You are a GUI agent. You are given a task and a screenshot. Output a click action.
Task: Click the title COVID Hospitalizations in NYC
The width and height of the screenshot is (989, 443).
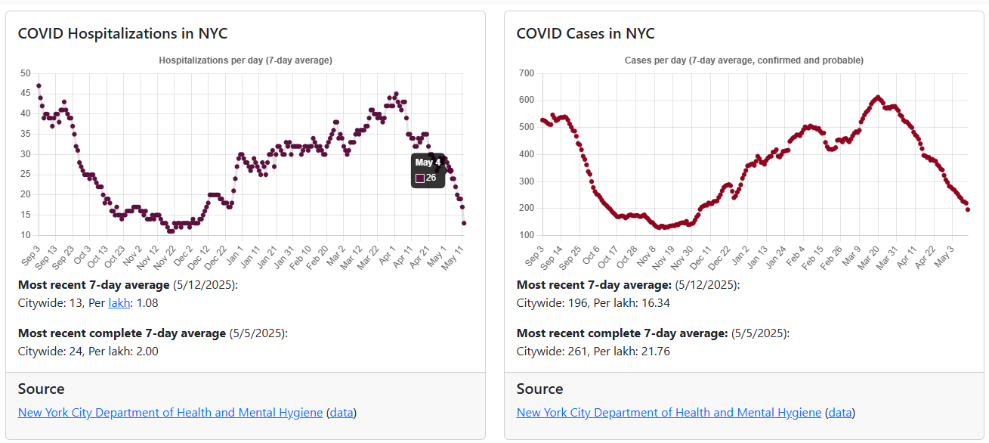click(122, 34)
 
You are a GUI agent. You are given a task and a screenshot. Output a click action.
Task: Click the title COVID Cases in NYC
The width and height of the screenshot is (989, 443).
click(586, 34)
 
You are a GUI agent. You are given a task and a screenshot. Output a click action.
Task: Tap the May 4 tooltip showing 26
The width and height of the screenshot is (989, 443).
click(428, 170)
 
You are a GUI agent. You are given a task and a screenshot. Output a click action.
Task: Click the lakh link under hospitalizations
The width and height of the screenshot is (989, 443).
click(119, 303)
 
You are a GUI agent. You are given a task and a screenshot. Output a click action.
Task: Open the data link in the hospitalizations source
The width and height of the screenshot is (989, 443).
click(342, 413)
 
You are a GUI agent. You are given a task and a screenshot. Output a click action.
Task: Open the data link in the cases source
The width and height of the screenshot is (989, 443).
click(840, 413)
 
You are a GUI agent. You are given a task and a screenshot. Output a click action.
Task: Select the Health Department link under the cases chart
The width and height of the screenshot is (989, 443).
click(669, 413)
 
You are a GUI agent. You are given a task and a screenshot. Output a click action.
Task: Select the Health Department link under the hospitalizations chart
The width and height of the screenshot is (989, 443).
click(170, 413)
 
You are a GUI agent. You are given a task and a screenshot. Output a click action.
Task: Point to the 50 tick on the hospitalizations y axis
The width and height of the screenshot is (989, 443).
click(26, 73)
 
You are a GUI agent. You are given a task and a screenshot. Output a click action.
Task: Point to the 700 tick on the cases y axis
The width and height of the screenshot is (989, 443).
click(526, 73)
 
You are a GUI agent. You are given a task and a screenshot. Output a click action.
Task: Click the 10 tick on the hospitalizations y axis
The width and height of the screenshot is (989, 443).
click(26, 235)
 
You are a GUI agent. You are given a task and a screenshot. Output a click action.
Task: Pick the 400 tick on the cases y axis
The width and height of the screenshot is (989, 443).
click(526, 154)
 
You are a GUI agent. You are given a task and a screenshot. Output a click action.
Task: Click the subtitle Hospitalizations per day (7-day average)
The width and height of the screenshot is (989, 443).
click(246, 60)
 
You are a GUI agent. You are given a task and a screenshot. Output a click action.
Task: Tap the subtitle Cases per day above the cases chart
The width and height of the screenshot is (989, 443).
click(744, 60)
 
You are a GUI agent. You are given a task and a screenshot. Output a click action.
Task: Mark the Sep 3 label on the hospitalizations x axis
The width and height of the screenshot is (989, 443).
click(32, 255)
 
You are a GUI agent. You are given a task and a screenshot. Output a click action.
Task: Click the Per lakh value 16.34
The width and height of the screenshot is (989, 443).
click(654, 303)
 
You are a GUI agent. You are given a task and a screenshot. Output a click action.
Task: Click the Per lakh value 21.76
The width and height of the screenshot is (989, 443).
click(654, 352)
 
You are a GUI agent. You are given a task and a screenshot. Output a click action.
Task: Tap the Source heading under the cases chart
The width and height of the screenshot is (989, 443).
click(539, 389)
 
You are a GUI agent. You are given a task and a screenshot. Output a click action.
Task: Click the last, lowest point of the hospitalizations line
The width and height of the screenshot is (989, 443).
click(464, 223)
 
